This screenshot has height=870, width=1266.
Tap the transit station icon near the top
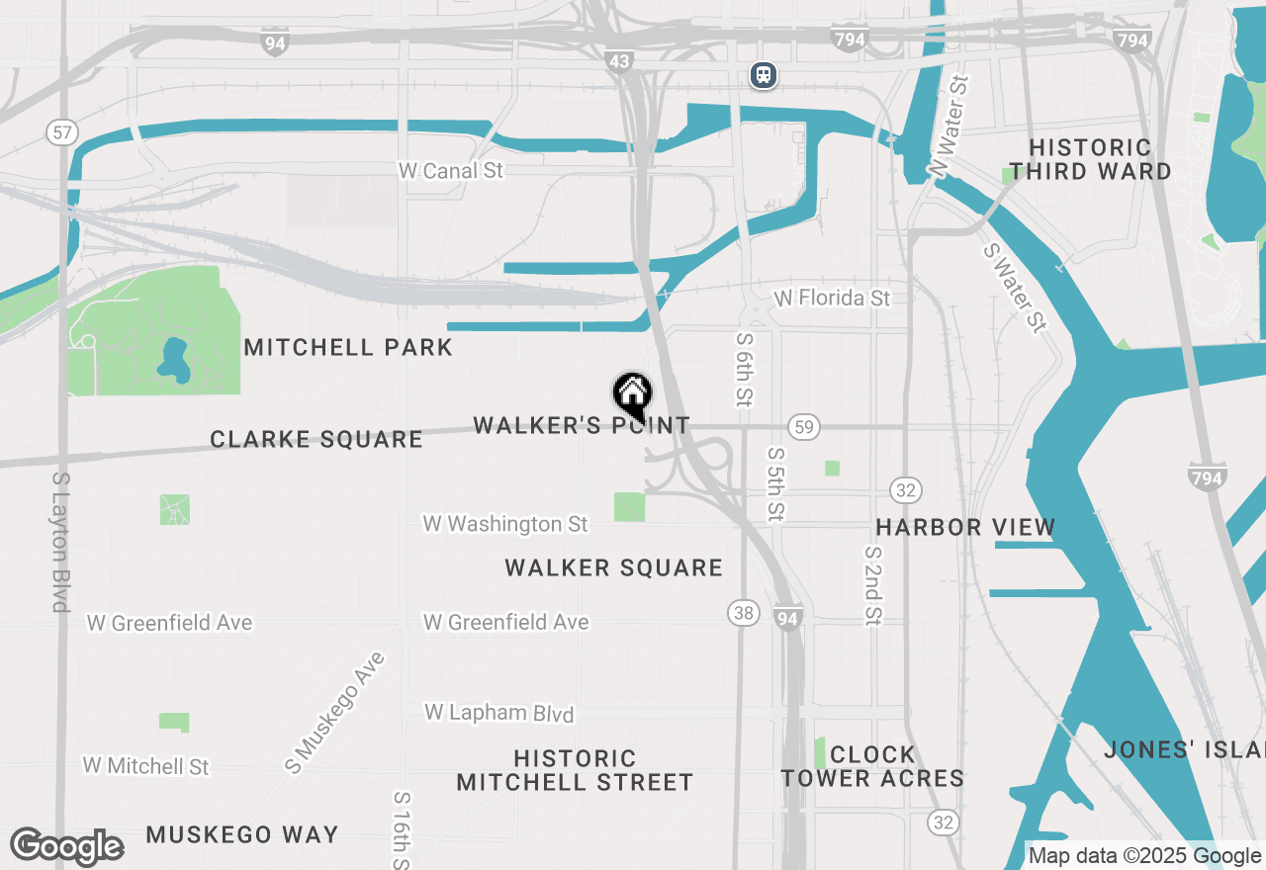[763, 75]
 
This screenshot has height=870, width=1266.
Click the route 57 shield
[61, 132]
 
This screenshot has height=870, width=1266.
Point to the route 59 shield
[803, 427]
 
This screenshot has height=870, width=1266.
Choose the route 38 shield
[744, 613]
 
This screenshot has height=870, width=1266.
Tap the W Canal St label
[450, 171]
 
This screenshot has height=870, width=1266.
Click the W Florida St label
[832, 298]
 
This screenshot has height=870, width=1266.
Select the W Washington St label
[505, 524]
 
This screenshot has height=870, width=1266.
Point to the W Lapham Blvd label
[498, 713]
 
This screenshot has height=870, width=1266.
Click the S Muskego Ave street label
[333, 712]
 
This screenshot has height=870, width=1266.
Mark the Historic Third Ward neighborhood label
[1090, 159]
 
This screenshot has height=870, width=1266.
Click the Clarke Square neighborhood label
[316, 439]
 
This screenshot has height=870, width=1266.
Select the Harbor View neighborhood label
[965, 527]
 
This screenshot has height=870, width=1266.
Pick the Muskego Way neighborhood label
[242, 835]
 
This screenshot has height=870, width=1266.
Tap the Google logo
[66, 847]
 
